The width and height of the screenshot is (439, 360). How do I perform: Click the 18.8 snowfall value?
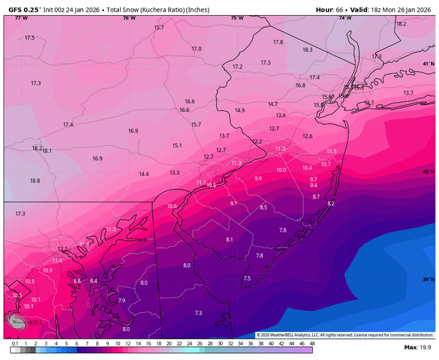pyautogui.click(x=35, y=180)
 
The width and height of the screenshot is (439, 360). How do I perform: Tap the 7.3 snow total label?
pyautogui.click(x=198, y=313)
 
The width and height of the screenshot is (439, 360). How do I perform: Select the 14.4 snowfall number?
pyautogui.click(x=144, y=174)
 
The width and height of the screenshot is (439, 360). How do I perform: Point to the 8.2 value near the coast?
pyautogui.click(x=331, y=204)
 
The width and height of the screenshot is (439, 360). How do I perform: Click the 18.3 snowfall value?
pyautogui.click(x=307, y=49)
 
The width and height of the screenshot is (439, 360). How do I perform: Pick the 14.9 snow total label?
pyautogui.click(x=239, y=110)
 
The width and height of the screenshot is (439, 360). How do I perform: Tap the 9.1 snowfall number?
pyautogui.click(x=233, y=204)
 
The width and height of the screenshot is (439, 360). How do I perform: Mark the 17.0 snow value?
pyautogui.click(x=197, y=49)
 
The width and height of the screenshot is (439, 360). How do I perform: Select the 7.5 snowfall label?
pyautogui.click(x=247, y=278)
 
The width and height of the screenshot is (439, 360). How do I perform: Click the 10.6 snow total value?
pyautogui.click(x=171, y=206)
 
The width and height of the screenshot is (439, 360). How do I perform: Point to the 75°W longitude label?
pyautogui.click(x=237, y=18)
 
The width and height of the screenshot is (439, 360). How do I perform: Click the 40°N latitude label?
pyautogui.click(x=428, y=171)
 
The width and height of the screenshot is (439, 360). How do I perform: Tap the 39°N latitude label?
pyautogui.click(x=428, y=280)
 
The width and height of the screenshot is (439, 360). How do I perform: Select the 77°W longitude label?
pyautogui.click(x=21, y=18)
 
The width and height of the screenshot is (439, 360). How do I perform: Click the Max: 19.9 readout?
pyautogui.click(x=419, y=348)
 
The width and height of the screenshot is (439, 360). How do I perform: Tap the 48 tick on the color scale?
pyautogui.click(x=312, y=342)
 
